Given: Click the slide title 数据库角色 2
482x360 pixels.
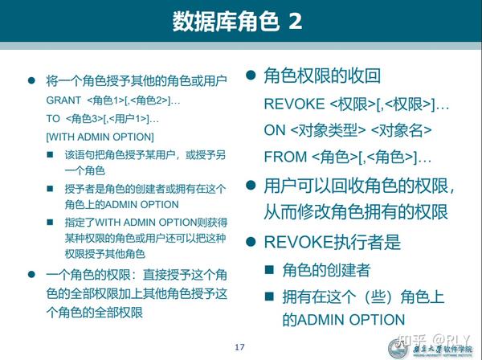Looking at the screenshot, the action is point(237,21).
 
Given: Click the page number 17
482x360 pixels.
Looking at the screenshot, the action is point(239,347).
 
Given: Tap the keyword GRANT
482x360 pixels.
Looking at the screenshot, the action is point(63,100).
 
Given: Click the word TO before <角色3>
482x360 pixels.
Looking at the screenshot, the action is point(53,118).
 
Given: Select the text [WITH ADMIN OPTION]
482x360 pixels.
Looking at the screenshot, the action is point(100,137).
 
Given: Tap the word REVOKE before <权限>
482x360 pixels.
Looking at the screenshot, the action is point(294,104).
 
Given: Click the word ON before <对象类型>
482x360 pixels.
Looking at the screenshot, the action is point(275,130).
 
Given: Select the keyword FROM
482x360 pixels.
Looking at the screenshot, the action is point(285,157).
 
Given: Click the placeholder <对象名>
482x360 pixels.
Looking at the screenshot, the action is point(402,130).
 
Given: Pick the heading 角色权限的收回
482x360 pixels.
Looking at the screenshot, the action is point(322,76).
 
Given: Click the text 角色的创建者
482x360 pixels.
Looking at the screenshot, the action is point(326,270).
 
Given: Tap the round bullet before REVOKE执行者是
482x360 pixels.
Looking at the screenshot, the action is point(251,242).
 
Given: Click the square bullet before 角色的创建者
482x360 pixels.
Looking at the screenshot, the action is point(269,270).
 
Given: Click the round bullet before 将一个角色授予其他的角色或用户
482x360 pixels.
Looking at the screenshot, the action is point(31,80).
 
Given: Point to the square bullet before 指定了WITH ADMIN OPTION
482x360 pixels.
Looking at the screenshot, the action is point(50,222).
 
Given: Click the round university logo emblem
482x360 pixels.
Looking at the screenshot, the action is point(398,349).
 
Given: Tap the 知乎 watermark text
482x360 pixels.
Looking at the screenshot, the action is point(412,341).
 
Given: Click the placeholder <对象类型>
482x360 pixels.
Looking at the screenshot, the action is point(328,130).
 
